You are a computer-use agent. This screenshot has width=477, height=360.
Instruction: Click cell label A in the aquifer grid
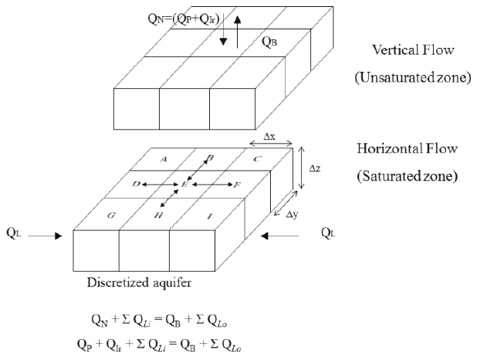pyautogui.click(x=163, y=158)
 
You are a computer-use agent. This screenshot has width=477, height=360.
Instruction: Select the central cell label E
pyautogui.click(x=184, y=185)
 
